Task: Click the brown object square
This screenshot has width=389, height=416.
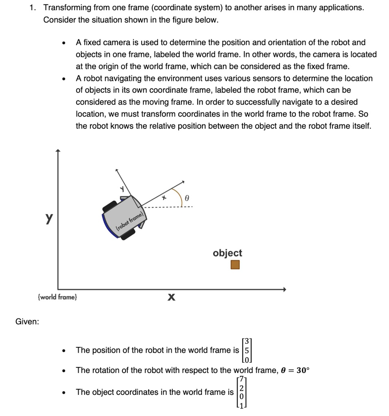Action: pyautogui.click(x=235, y=265)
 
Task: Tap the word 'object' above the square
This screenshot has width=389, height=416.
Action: pyautogui.click(x=227, y=253)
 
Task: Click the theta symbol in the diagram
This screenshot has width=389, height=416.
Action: pyautogui.click(x=187, y=199)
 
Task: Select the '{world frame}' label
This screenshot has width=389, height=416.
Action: pyautogui.click(x=57, y=297)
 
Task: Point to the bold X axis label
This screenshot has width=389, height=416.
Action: pyautogui.click(x=171, y=299)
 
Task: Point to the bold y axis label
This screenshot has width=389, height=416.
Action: pyautogui.click(x=49, y=218)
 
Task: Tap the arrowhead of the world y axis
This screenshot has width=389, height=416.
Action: pyautogui.click(x=58, y=152)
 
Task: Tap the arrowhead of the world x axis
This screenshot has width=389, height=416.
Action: pyautogui.click(x=284, y=289)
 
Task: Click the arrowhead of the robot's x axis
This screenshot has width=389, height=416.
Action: pyautogui.click(x=183, y=182)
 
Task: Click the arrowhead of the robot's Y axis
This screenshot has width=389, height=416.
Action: pyautogui.click(x=117, y=171)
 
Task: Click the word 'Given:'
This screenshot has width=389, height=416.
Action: pyautogui.click(x=27, y=322)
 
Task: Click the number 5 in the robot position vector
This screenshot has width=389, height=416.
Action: pyautogui.click(x=246, y=350)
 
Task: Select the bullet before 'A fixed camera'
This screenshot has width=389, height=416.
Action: pyautogui.click(x=63, y=43)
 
